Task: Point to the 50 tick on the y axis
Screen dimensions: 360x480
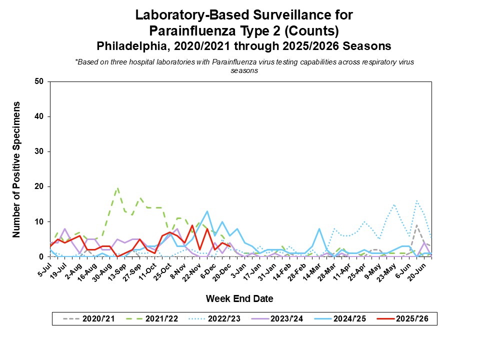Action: point(39,81)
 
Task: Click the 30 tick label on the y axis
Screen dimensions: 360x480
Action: point(39,151)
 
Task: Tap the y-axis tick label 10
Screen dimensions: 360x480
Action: point(39,221)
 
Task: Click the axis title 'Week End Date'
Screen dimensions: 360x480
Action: point(239,299)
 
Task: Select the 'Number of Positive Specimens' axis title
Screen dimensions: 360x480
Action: point(16,169)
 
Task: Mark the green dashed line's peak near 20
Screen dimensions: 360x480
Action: point(117,188)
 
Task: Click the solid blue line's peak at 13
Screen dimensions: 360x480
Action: point(207,211)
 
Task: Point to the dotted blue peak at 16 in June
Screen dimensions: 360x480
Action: point(416,200)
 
